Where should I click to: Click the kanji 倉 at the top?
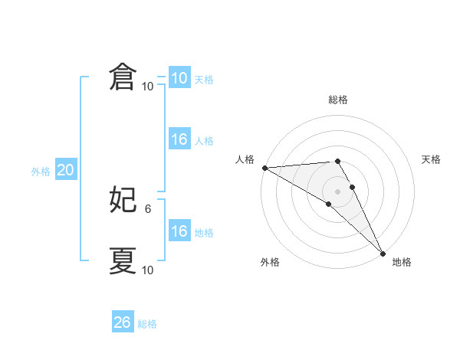coord(123,77)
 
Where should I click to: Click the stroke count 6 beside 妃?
coord(148,208)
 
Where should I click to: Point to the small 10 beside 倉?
coord(148,86)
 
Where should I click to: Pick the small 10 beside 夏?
coord(148,270)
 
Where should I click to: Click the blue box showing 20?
coord(65,171)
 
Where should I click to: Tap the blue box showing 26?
coord(123,322)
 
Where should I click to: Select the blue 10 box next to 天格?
coord(179,78)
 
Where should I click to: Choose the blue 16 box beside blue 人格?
coord(179,139)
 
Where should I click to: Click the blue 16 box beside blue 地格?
coord(179,231)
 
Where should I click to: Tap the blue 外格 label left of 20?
coord(41,172)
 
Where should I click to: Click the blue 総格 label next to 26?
coord(147,324)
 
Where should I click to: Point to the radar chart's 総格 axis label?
coord(338,100)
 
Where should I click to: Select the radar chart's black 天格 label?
coord(431,159)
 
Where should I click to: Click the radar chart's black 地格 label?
coord(402,262)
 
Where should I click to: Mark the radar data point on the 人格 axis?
coord(264,167)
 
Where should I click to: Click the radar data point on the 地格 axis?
coord(383,253)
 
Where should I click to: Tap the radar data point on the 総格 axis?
coord(337,161)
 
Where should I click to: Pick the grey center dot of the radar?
coord(337,191)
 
